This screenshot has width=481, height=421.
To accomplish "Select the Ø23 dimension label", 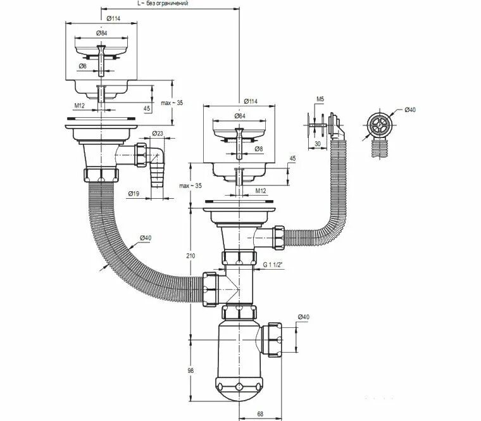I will (x=158, y=134).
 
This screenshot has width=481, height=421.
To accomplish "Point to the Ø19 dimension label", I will (x=134, y=193).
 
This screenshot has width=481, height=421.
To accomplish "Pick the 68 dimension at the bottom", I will (x=261, y=415).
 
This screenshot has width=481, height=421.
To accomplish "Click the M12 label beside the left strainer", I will (x=79, y=104).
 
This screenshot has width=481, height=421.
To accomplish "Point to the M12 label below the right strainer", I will (x=260, y=190).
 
